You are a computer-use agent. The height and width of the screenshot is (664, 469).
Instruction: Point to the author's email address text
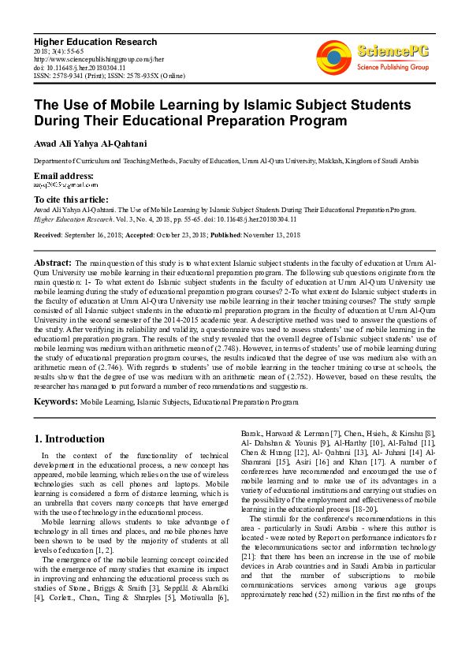65,184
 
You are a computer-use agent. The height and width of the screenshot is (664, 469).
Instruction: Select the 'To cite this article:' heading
71,200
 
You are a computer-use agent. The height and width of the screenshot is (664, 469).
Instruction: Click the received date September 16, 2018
99,236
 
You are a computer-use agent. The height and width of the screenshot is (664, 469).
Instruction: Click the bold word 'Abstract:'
54,262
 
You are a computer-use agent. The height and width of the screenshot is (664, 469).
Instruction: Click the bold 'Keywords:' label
55,402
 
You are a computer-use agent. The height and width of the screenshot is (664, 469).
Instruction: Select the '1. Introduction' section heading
69,438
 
